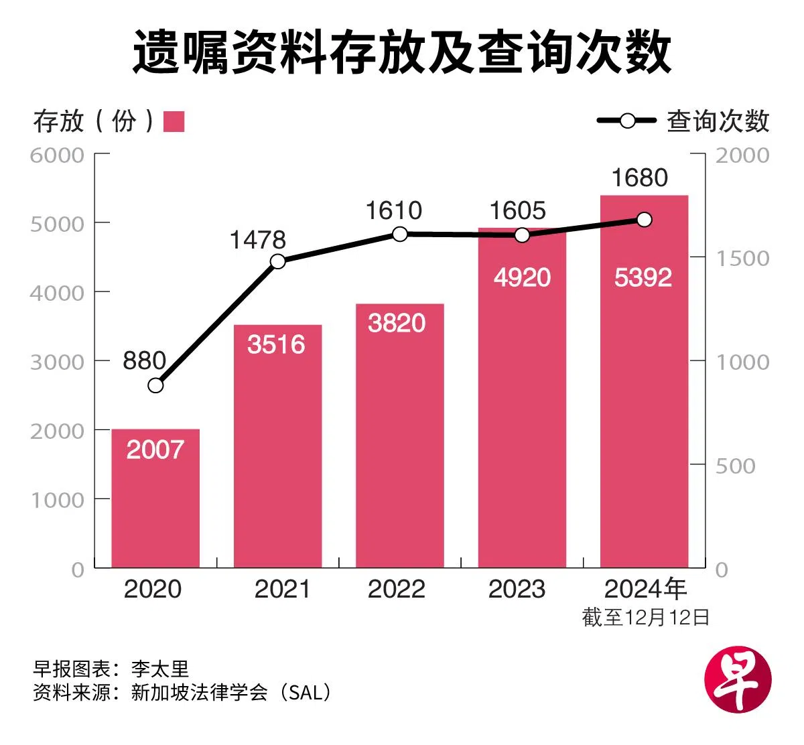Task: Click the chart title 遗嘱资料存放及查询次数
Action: [401, 52]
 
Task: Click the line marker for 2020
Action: [155, 385]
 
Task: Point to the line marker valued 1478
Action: [278, 261]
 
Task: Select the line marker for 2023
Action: [522, 235]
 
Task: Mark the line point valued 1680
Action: [644, 220]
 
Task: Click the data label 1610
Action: [393, 211]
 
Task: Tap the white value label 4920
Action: [522, 277]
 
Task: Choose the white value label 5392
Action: [643, 277]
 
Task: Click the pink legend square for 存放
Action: [174, 121]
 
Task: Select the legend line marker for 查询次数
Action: [627, 121]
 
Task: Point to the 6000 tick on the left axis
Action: [58, 155]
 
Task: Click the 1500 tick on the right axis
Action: [742, 259]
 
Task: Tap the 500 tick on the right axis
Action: [735, 466]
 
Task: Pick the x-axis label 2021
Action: [282, 589]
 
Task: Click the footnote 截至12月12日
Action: [645, 617]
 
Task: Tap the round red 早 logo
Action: [738, 679]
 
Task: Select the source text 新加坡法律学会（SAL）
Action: [231, 692]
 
